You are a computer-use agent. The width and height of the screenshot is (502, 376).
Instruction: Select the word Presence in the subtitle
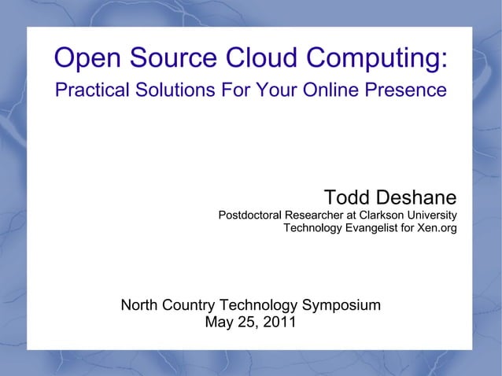408,90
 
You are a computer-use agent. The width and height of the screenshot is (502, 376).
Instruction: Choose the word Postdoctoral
249,216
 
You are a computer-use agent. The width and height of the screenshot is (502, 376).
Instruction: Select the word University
432,216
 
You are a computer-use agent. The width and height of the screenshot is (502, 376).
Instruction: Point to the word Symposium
341,305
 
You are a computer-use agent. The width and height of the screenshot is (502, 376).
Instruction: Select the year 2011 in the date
279,322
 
